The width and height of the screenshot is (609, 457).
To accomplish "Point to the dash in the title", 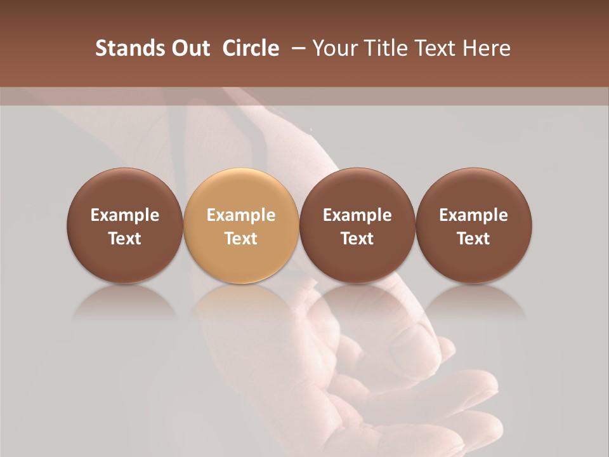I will [x=296, y=48].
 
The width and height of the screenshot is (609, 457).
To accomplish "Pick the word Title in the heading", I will [x=386, y=48].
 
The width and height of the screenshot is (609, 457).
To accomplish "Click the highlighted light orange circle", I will [x=241, y=225].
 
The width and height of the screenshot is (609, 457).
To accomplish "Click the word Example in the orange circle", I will [x=241, y=215].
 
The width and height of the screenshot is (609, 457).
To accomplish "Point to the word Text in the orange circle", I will [x=241, y=239].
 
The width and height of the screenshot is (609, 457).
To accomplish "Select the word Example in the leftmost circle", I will [x=125, y=215].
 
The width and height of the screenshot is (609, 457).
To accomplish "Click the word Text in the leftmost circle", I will [x=125, y=239].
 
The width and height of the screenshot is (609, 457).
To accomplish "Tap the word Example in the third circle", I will [x=357, y=215].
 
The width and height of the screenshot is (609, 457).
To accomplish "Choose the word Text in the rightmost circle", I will [x=473, y=239].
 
